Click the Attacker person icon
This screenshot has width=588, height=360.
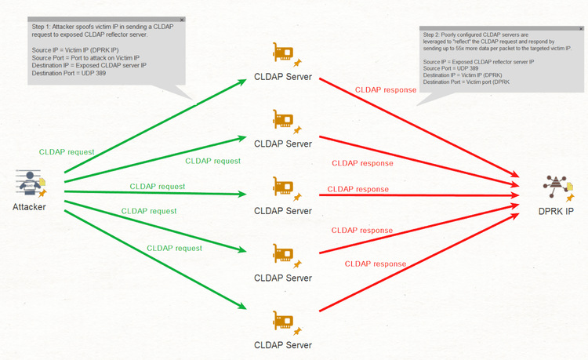click(30, 182)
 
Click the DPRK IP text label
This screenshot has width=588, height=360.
click(555, 211)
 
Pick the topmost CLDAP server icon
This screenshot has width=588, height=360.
click(283, 53)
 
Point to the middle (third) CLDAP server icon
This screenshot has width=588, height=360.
click(283, 187)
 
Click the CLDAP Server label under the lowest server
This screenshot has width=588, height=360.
click(283, 344)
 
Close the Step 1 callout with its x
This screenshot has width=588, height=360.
click(182, 19)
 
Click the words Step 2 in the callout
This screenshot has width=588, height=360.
click(432, 35)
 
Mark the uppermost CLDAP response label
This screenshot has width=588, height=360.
click(385, 90)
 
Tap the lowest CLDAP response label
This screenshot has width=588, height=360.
click(376, 263)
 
